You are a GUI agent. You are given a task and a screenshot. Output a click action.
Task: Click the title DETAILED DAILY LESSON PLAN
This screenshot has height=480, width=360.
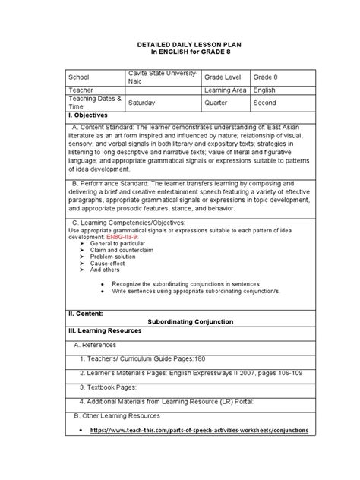pyautogui.click(x=180, y=46)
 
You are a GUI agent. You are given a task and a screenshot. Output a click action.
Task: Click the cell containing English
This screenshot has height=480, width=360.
pyautogui.click(x=265, y=90)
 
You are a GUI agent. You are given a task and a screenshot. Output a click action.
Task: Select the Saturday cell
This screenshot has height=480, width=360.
pyautogui.click(x=143, y=101)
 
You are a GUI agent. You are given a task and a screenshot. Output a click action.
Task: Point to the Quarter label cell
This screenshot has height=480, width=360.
pyautogui.click(x=217, y=101)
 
